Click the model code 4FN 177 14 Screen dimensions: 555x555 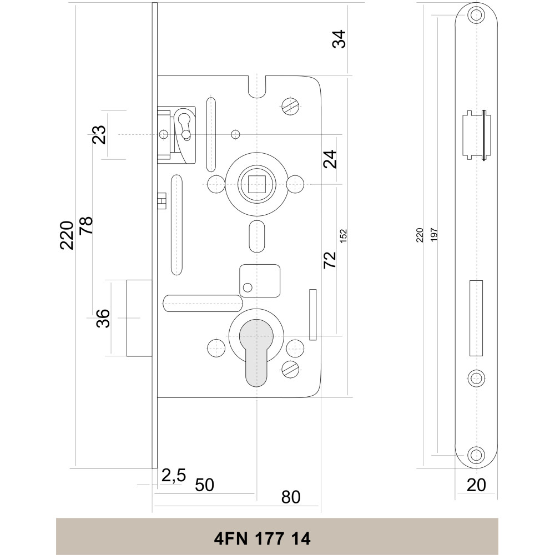(262, 538)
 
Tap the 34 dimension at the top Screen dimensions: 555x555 (339, 39)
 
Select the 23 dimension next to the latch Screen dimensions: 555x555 (99, 135)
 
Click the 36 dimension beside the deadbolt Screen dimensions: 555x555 (103, 318)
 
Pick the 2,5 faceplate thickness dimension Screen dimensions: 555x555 (173, 475)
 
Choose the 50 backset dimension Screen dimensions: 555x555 (204, 485)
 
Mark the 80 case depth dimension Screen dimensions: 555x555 (291, 497)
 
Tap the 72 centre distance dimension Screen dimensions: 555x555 (330, 260)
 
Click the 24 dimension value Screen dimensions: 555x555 (331, 160)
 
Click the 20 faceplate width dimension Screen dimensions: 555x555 (476, 485)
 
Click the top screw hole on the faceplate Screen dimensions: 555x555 (475, 15)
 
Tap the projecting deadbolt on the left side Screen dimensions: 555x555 (139, 318)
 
